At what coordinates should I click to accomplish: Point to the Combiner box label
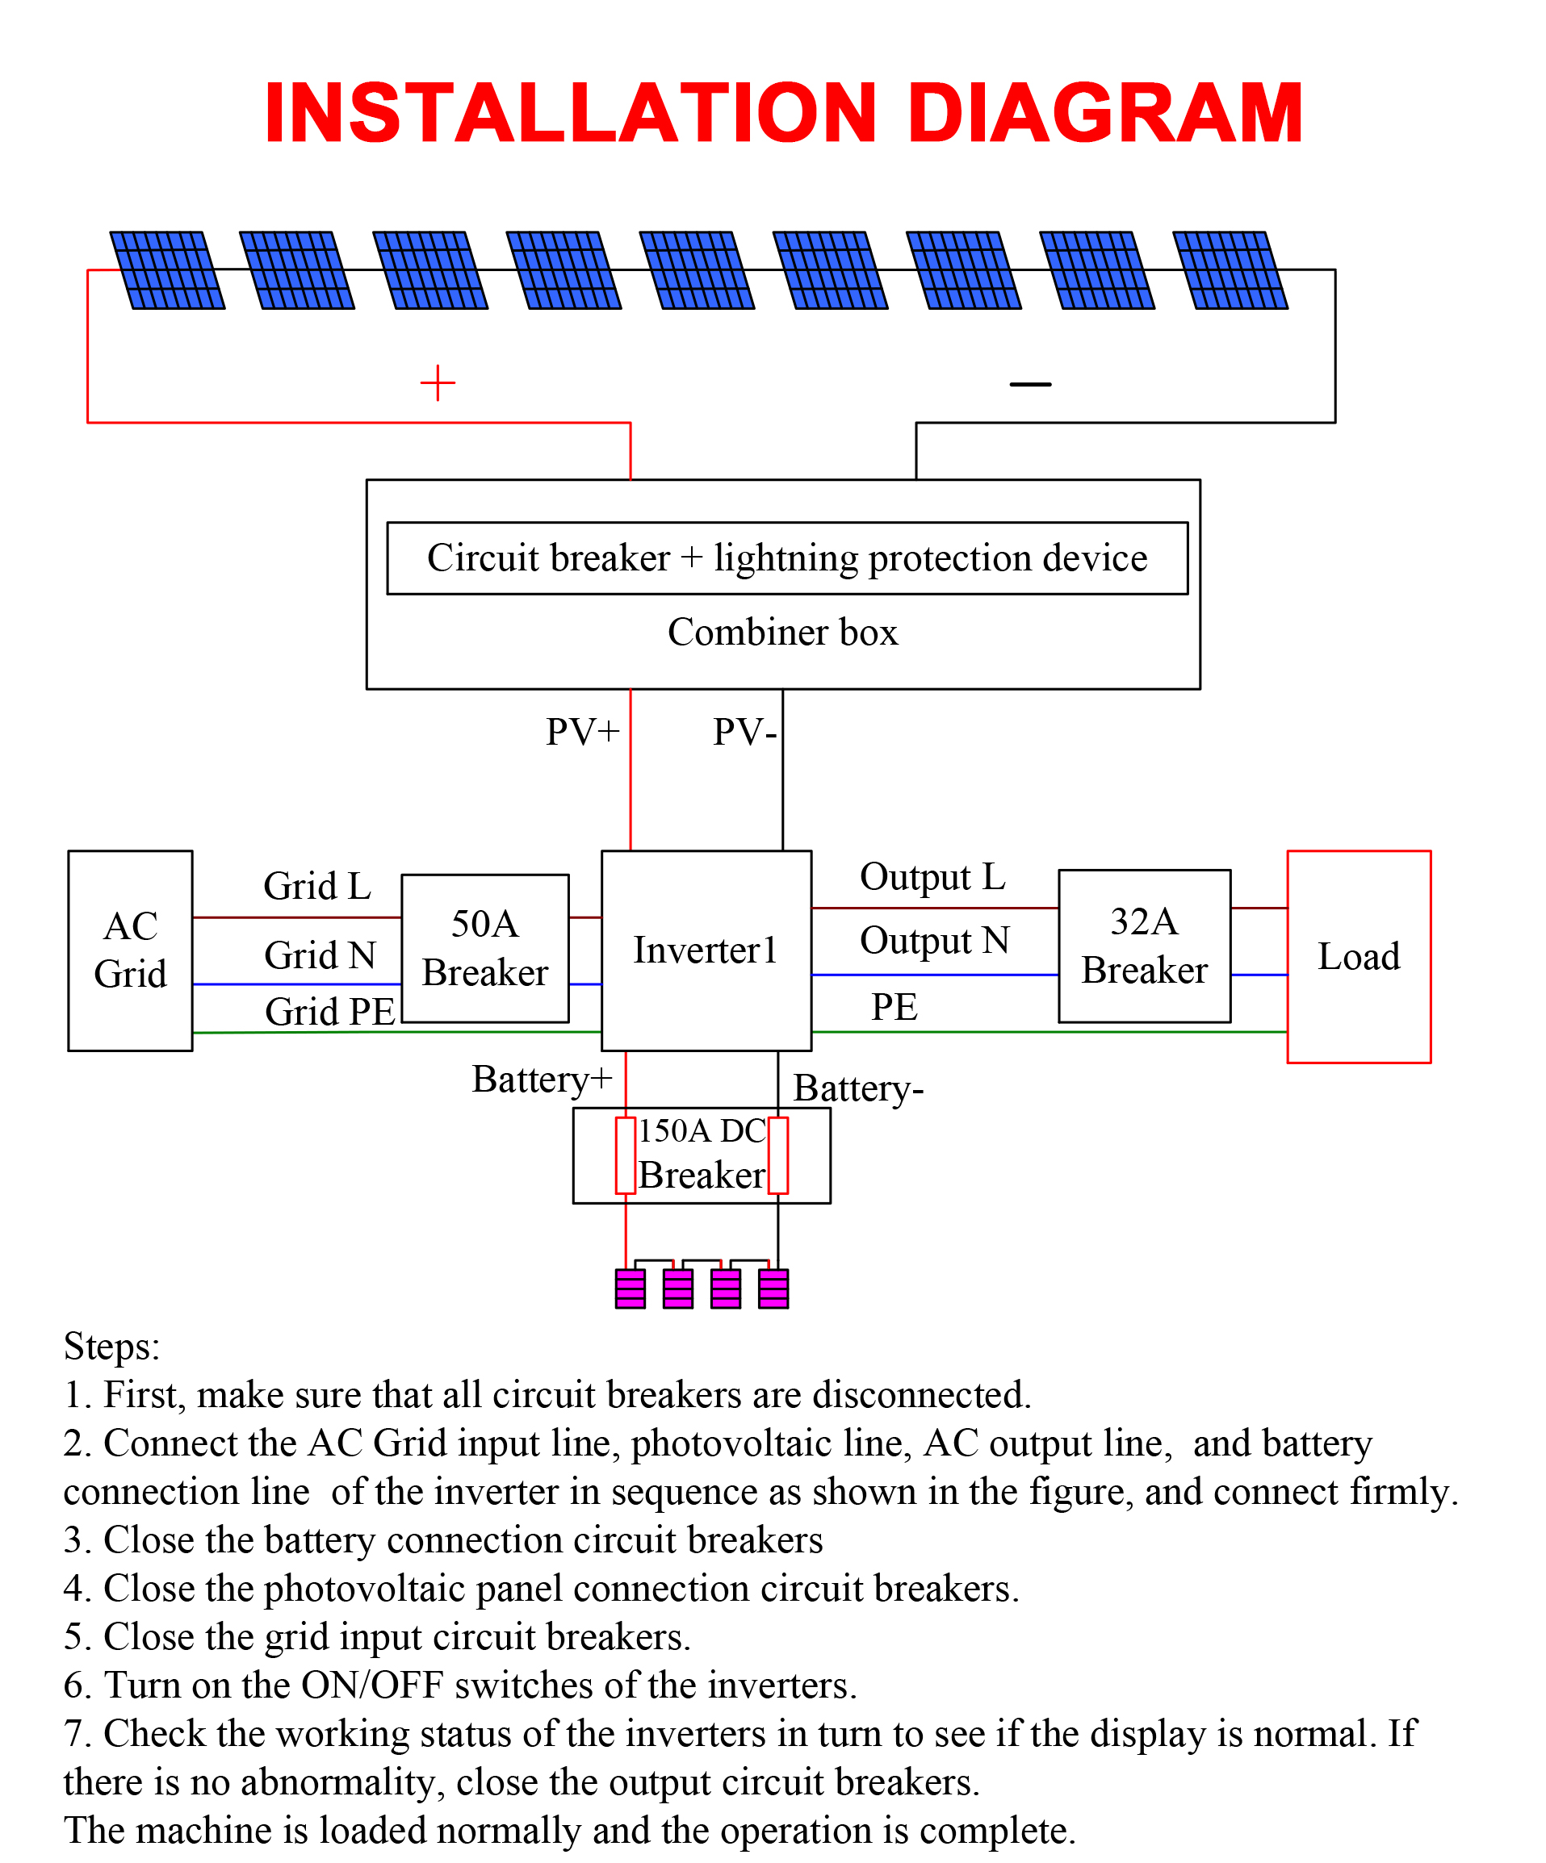click(x=783, y=632)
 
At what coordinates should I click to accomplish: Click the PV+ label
click(x=582, y=732)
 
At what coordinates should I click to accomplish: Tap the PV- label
click(x=744, y=732)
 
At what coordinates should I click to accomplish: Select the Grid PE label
click(x=330, y=1011)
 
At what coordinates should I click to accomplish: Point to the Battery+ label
click(x=543, y=1079)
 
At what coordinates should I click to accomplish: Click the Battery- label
click(x=858, y=1088)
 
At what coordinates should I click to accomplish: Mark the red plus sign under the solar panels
click(x=438, y=382)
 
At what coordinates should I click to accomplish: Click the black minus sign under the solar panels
click(x=1030, y=384)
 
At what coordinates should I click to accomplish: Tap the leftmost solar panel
click(x=167, y=270)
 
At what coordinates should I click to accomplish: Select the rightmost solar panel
click(x=1230, y=270)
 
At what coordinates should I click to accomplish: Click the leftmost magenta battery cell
click(x=631, y=1289)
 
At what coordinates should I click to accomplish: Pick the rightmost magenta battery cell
click(x=773, y=1289)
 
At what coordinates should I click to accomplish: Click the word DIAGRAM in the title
click(x=1104, y=113)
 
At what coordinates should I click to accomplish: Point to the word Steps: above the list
click(x=112, y=1347)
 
